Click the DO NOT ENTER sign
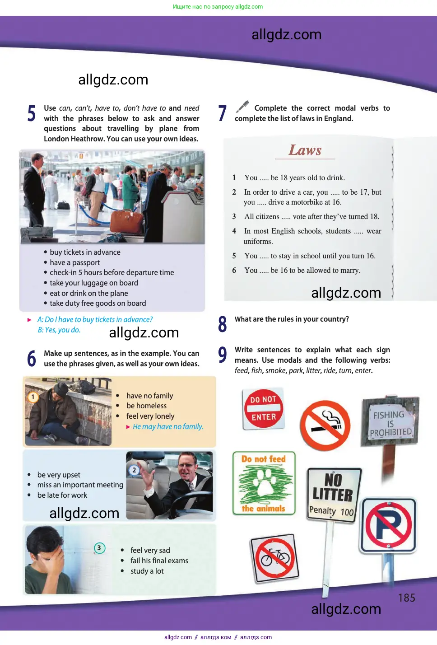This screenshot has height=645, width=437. pyautogui.click(x=263, y=408)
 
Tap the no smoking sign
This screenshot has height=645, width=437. pyautogui.click(x=325, y=425)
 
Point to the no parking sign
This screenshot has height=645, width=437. pyautogui.click(x=389, y=525)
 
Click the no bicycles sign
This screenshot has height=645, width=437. pyautogui.click(x=275, y=559)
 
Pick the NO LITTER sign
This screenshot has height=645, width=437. pyautogui.click(x=333, y=495)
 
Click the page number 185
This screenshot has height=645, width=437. pyautogui.click(x=406, y=598)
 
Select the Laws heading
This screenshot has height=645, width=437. pyautogui.click(x=305, y=150)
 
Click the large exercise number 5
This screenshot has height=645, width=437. pyautogui.click(x=32, y=113)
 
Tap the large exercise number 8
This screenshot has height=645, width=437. pyautogui.click(x=222, y=324)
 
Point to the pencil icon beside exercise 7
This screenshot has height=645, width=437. pyautogui.click(x=242, y=107)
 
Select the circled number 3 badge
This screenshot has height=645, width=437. pyautogui.click(x=99, y=548)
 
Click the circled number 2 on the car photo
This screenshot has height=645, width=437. pyautogui.click(x=134, y=470)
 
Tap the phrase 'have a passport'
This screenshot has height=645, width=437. pyautogui.click(x=75, y=262)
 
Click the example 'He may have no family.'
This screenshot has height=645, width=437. pyautogui.click(x=168, y=426)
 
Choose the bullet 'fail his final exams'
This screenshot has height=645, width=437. pyautogui.click(x=159, y=561)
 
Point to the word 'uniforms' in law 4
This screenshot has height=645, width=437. pyautogui.click(x=258, y=241)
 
